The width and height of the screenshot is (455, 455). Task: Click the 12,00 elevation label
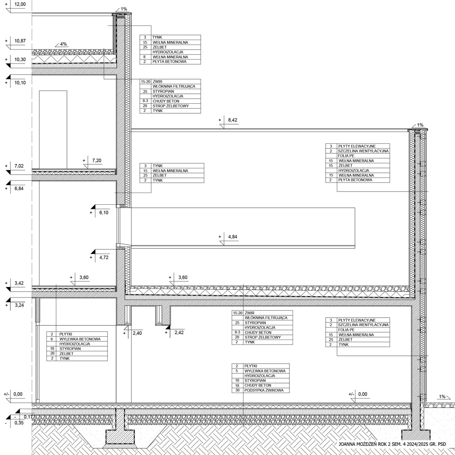20,5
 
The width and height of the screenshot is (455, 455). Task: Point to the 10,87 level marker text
20,41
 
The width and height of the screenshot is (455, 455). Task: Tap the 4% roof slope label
64,44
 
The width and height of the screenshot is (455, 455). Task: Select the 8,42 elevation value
233,120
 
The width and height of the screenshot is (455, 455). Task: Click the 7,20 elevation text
96,161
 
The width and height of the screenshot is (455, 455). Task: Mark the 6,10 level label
104,212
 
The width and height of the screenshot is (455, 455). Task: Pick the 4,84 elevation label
233,237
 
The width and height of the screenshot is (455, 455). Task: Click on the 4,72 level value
104,258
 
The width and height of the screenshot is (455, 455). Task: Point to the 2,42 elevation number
179,333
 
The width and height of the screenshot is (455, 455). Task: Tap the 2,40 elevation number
137,333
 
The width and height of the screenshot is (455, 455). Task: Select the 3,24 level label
19,305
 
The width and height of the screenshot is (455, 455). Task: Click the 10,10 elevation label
20,83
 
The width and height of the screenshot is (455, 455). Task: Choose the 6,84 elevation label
19,189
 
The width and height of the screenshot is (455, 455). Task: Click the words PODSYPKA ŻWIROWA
264,390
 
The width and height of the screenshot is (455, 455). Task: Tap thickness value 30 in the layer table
238,390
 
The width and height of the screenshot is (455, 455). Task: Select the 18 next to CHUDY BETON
238,385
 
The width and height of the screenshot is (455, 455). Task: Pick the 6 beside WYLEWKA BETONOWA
52,339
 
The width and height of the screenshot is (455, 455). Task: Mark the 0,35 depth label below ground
19,423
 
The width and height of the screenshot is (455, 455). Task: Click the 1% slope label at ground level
442,397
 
